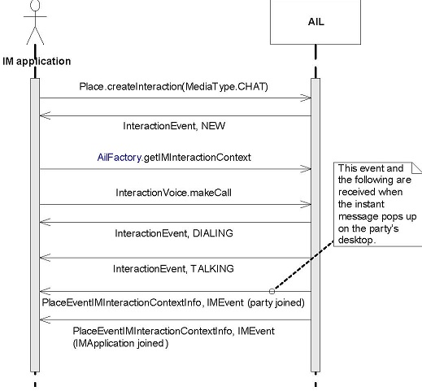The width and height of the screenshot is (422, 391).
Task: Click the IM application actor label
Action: (x=37, y=61)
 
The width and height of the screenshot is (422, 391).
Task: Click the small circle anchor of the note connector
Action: (x=272, y=290)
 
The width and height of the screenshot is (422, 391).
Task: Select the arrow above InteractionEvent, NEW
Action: (x=175, y=116)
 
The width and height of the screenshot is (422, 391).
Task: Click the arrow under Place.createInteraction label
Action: (x=175, y=98)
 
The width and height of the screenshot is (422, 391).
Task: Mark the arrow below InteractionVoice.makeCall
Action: (x=175, y=205)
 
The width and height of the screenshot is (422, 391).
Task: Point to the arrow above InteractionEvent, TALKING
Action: (x=175, y=258)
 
